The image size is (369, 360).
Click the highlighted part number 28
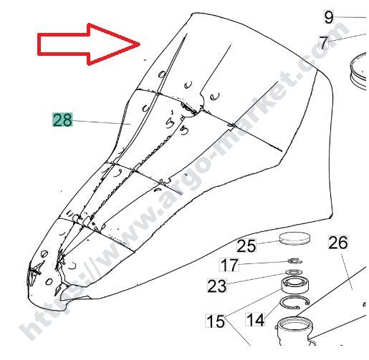62,120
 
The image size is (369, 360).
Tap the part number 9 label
329,17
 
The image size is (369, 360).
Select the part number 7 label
324,42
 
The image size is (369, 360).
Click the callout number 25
246,245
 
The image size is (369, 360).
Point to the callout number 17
229,265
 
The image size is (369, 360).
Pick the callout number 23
217,286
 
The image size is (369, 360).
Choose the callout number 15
215,321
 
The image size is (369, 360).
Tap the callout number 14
255,319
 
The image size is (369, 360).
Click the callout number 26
338,243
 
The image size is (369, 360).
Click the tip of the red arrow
140,44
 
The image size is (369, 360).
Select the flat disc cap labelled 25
294,238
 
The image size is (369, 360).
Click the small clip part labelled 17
295,261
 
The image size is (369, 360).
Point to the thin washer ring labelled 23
294,272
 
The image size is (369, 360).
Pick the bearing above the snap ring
294,285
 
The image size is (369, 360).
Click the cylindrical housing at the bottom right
294,330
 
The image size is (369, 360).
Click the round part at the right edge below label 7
358,71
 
